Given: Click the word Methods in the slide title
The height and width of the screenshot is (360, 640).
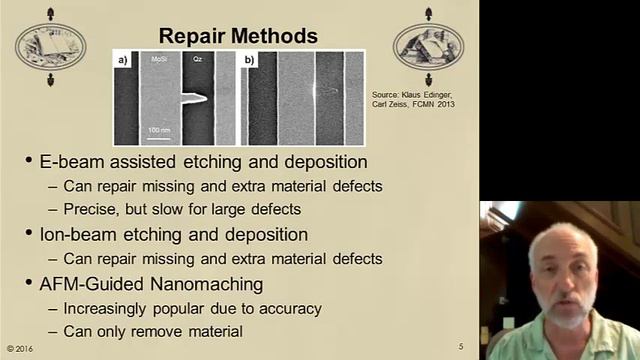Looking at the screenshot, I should click(275, 37).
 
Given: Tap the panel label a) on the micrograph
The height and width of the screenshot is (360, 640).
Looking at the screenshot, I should click(124, 60).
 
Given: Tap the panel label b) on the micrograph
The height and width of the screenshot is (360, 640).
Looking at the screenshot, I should click(249, 60).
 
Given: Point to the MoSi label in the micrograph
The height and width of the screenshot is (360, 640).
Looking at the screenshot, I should click(159, 60).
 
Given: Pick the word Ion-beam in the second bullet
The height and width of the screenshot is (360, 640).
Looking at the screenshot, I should click(82, 235).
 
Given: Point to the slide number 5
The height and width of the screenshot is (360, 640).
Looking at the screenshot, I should click(460, 347).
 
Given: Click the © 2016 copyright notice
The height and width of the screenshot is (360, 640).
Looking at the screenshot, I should click(22, 347).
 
